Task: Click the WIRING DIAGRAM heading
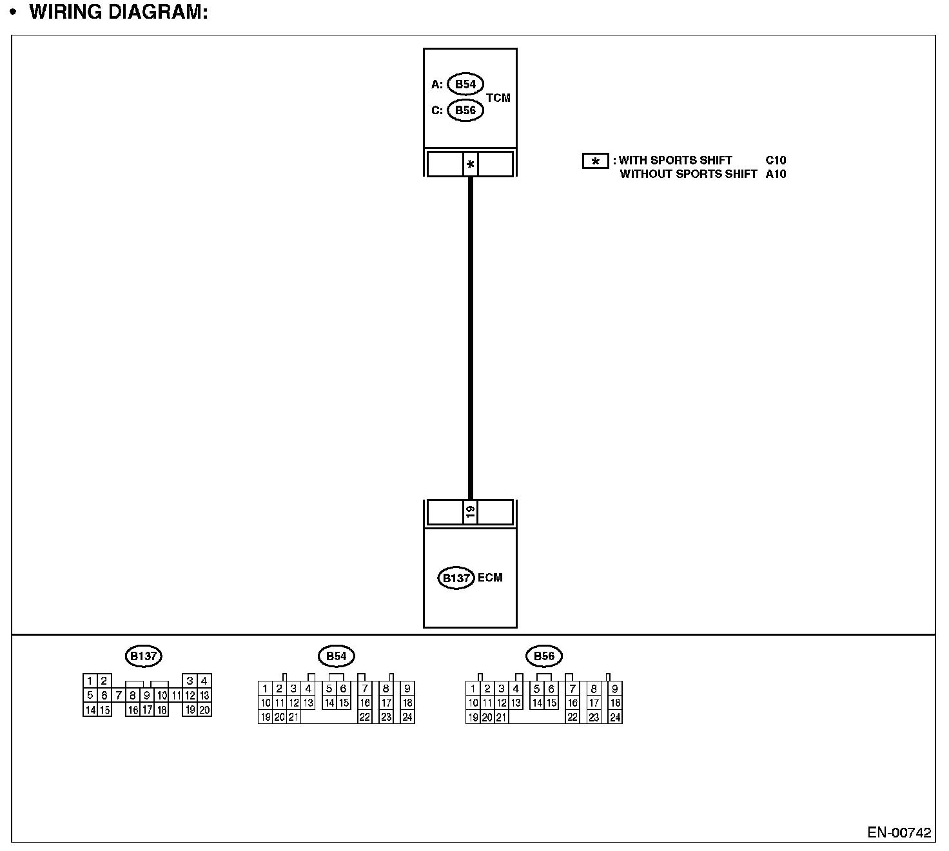tap(119, 12)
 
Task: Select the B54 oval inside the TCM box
tap(465, 84)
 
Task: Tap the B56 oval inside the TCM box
tap(465, 110)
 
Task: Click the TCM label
tap(498, 98)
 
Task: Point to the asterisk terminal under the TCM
tap(471, 164)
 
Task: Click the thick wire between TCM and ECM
tap(471, 335)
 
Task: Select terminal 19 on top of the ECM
tap(471, 512)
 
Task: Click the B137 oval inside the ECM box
tap(456, 578)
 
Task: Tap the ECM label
tap(490, 578)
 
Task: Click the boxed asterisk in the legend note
tap(595, 161)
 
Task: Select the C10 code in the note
tap(776, 161)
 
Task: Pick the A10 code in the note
tap(776, 174)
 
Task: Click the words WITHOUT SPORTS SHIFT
tap(688, 174)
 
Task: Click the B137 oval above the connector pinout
tap(143, 656)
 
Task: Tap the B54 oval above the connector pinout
tap(336, 656)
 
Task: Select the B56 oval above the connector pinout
tap(544, 656)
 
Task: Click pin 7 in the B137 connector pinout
tap(119, 696)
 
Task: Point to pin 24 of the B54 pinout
tap(407, 717)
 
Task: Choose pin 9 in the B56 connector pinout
tap(615, 689)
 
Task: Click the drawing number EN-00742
tap(899, 832)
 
